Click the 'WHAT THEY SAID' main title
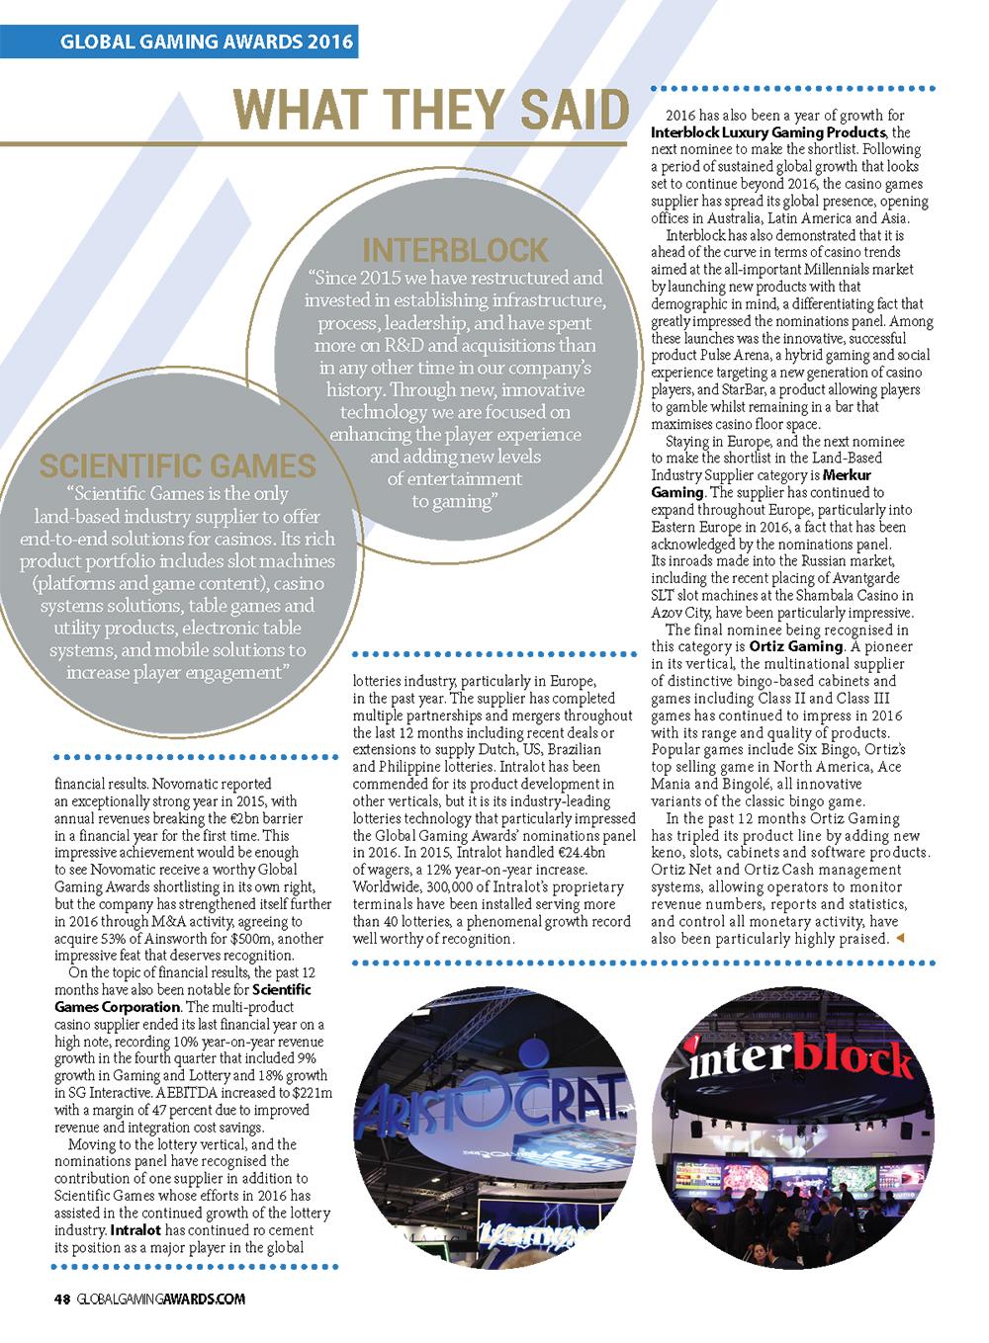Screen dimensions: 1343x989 point(432,110)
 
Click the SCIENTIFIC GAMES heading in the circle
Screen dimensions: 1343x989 point(178,466)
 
